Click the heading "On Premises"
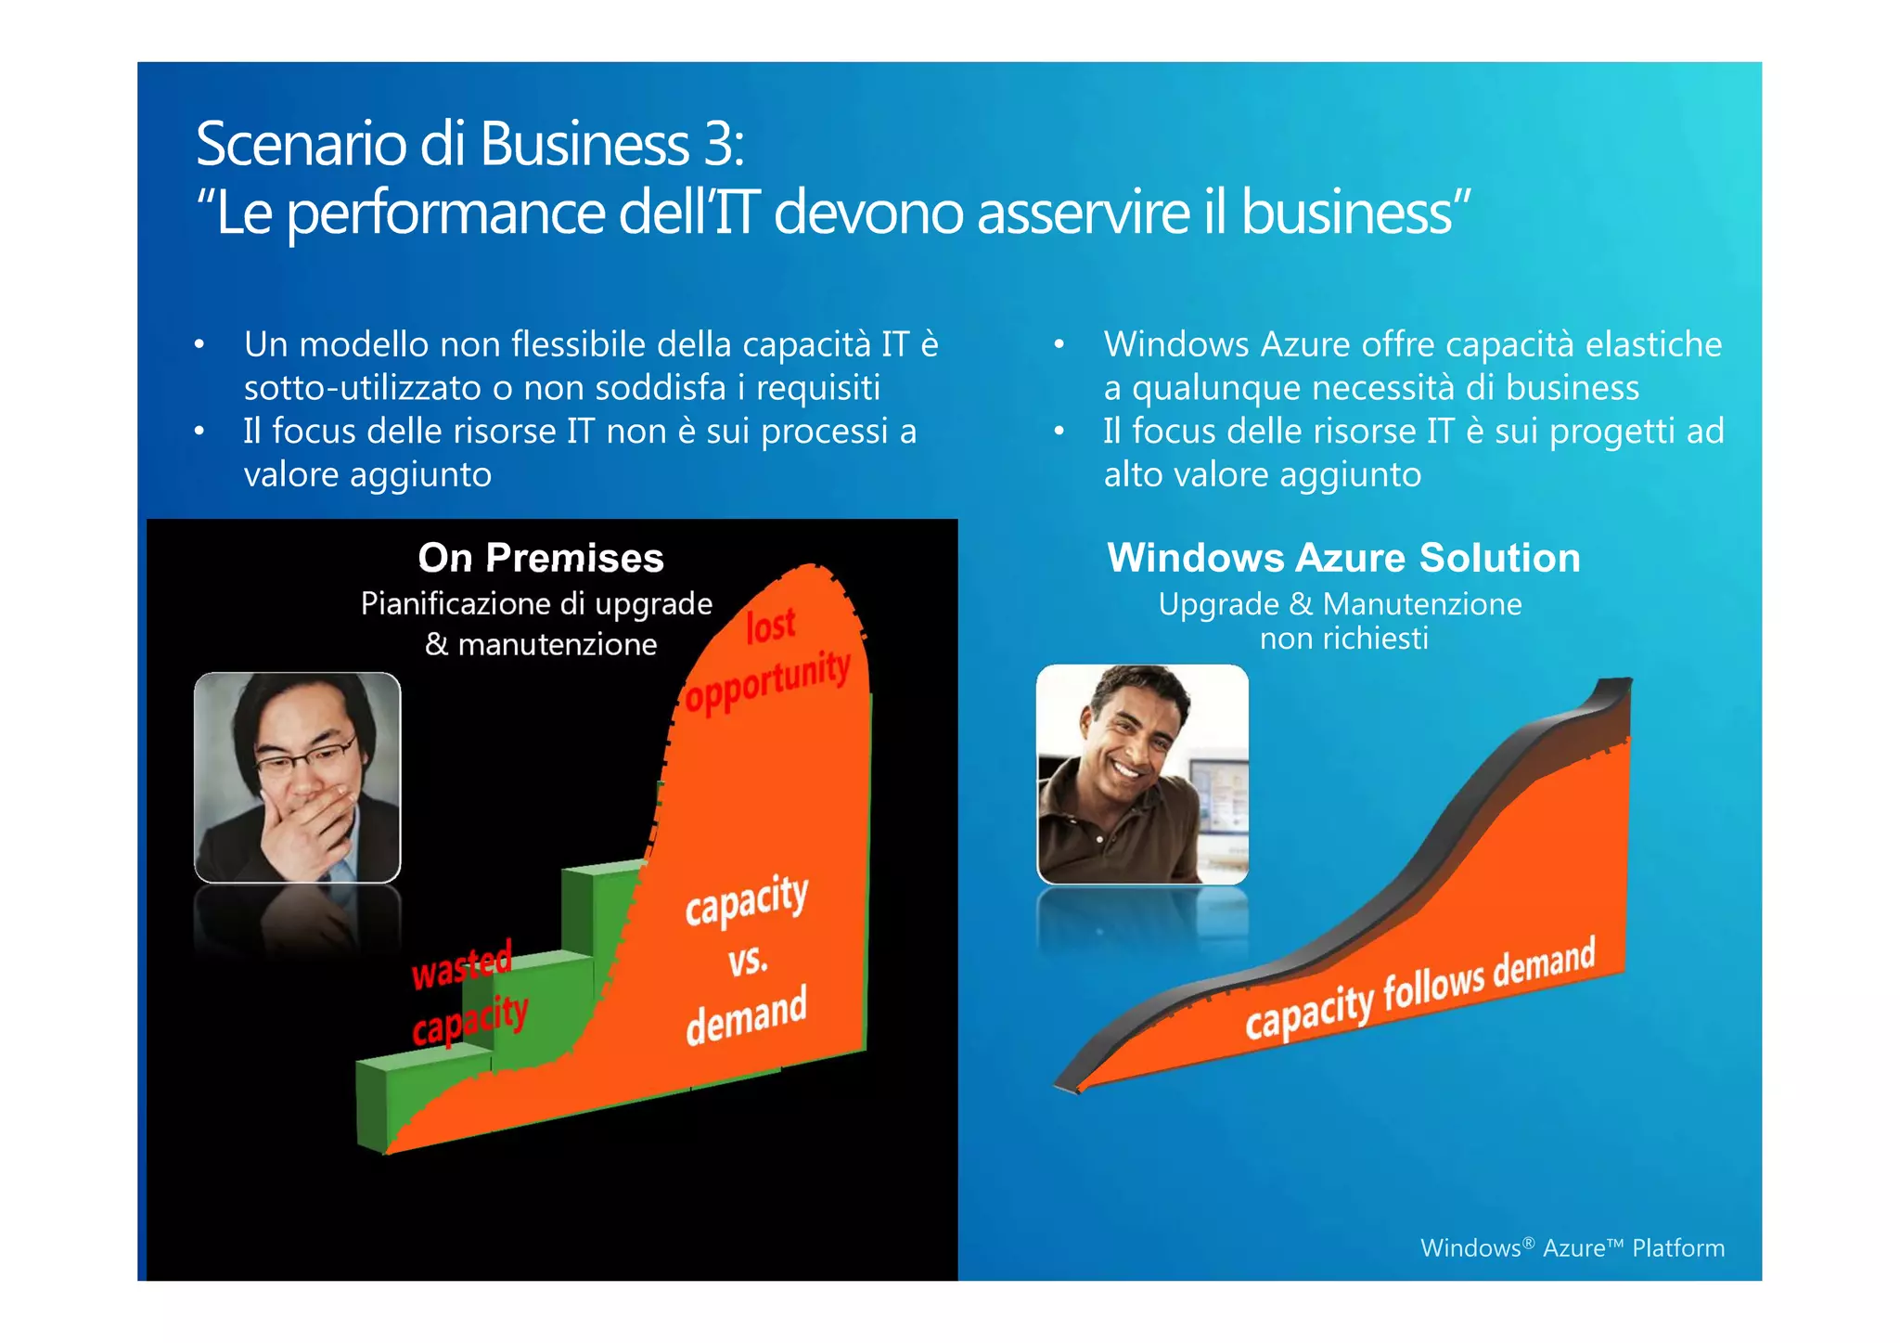(541, 558)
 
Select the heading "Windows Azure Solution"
(1343, 558)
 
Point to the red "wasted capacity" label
(468, 994)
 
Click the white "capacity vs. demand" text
(747, 960)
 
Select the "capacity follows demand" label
(1419, 990)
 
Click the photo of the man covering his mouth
(297, 777)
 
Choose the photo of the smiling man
(1142, 774)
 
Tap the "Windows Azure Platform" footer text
(1572, 1247)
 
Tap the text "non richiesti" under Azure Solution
(1343, 639)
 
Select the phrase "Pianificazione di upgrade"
(536, 603)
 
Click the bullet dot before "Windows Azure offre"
(1059, 345)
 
